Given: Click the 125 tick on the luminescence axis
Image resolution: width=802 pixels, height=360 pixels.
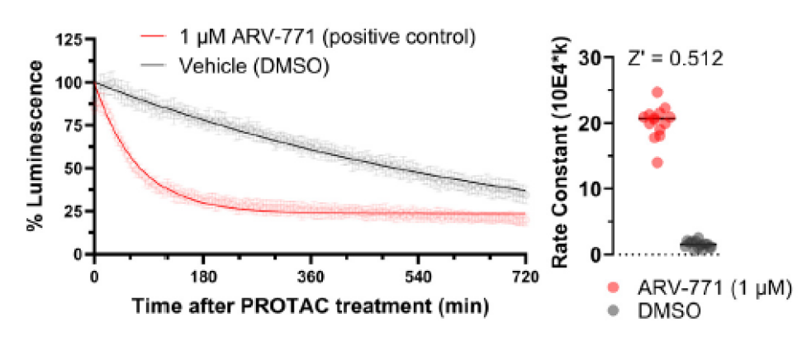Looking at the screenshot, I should (x=72, y=39).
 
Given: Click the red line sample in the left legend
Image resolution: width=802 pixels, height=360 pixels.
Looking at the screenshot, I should (x=151, y=37).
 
